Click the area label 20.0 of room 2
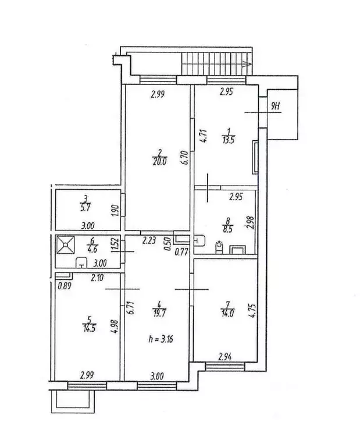pos(160,161)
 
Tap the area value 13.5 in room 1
pos(227,140)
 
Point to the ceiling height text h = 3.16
pos(161,339)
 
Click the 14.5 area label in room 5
pos(89,328)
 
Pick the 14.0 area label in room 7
pos(227,313)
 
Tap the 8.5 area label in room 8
pos(228,229)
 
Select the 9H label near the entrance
pos(276,107)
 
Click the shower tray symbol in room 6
pos(66,244)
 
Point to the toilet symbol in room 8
pos(219,247)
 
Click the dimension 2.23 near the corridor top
pos(149,241)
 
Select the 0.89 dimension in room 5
pos(64,286)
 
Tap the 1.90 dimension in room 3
pos(115,210)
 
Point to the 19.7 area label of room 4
pos(160,313)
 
